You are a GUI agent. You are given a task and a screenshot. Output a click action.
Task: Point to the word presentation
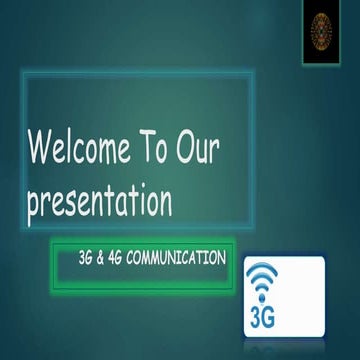click(99, 202)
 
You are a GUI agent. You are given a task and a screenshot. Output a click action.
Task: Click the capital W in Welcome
click(41, 151)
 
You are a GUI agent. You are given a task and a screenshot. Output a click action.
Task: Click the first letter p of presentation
click(32, 204)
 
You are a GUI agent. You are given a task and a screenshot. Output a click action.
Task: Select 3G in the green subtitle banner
click(85, 258)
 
